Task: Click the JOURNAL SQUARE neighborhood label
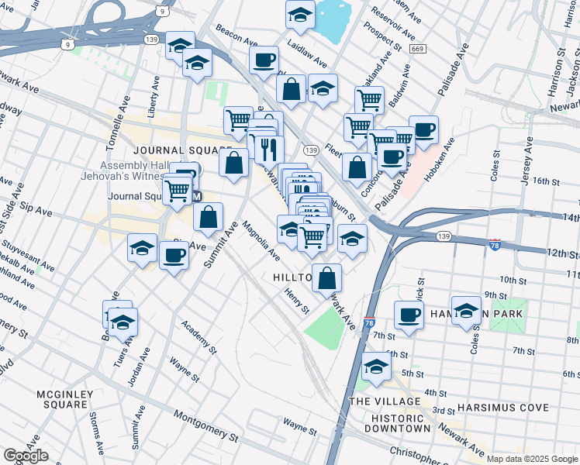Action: click(x=182, y=150)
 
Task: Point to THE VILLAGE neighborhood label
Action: click(x=385, y=401)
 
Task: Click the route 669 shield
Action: click(x=418, y=50)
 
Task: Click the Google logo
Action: click(x=26, y=456)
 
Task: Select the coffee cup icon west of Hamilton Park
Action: click(x=409, y=315)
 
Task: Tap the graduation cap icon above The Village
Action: click(x=376, y=367)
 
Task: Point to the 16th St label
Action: click(x=546, y=181)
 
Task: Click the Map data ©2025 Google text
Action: click(x=532, y=459)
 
